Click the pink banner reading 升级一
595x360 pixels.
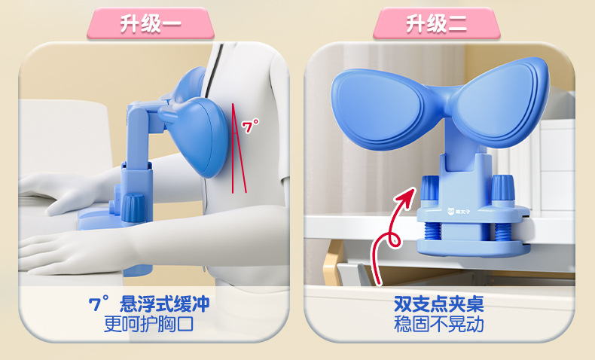pos(151,23)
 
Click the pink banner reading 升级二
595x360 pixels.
pos(436,23)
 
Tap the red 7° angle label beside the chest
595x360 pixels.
pos(251,126)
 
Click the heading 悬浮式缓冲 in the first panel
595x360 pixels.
pos(165,304)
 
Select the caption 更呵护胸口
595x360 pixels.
pos(149,325)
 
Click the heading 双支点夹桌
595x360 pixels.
pos(439,304)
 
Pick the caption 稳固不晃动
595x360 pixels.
pos(439,325)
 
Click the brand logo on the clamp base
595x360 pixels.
pos(459,211)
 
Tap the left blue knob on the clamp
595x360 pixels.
pos(430,188)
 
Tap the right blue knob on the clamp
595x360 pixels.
pos(503,188)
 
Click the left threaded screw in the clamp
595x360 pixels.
pos(432,231)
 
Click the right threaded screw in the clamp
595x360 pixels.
pos(504,232)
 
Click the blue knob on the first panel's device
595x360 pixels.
pos(133,207)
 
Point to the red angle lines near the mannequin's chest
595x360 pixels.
pos(238,148)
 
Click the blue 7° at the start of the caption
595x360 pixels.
pos(99,303)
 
